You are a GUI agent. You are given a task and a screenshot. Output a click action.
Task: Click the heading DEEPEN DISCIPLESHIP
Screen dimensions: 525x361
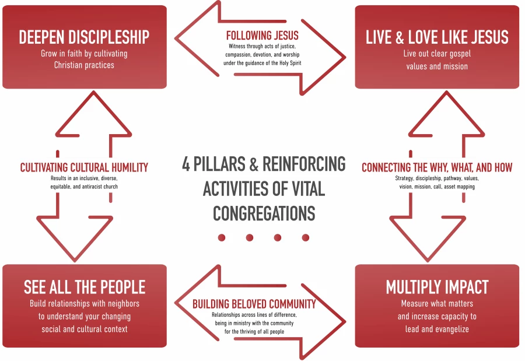coord(84,37)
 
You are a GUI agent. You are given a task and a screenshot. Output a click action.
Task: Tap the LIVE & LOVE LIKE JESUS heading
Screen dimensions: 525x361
coord(437,37)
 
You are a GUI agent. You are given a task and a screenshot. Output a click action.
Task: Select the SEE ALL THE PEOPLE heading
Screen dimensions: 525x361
coord(85,287)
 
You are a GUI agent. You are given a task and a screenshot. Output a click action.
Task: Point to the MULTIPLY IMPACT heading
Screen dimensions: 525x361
coord(437,287)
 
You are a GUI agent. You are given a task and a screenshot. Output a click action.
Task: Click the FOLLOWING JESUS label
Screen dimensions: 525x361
coord(262,36)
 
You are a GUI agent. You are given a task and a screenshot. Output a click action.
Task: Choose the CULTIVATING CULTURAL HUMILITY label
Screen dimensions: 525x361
coord(84,167)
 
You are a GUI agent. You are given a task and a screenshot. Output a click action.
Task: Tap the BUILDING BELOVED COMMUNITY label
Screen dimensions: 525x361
coord(254,304)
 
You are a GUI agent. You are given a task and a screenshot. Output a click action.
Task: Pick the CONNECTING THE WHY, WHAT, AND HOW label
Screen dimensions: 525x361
coord(437,167)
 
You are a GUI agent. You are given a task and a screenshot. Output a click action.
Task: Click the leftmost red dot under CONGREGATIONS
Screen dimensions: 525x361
coord(222,238)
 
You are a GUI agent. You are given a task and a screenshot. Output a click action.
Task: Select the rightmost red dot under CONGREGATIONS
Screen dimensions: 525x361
coord(305,238)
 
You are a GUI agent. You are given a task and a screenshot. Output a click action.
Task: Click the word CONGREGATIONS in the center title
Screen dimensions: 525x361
coord(264,213)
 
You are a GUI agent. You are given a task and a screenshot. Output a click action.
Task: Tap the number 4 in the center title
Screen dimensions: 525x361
coord(186,164)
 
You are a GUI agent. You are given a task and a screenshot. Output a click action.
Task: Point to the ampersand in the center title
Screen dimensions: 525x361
coord(254,164)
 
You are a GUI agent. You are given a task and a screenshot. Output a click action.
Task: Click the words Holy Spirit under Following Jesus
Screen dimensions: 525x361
coord(290,63)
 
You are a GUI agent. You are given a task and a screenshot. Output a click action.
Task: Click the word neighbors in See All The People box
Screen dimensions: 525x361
coord(123,304)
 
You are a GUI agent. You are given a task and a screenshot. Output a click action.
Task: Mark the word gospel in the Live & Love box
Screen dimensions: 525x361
coord(460,54)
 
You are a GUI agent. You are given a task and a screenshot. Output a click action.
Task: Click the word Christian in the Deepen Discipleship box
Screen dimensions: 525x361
coord(68,65)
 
